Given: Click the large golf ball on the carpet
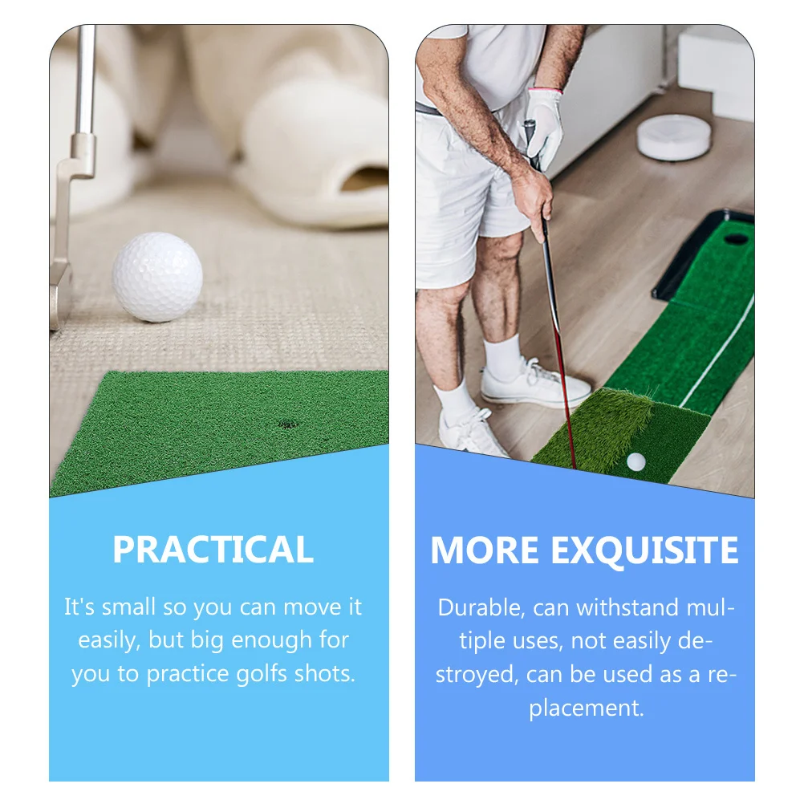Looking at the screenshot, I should point(156,278).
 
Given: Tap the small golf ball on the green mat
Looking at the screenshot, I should point(635,461).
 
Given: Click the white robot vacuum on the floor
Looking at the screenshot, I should point(674,136).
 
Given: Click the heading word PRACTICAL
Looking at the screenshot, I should point(213,550).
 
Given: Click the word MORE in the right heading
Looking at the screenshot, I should point(484,550).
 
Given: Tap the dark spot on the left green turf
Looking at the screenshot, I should point(286,424).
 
